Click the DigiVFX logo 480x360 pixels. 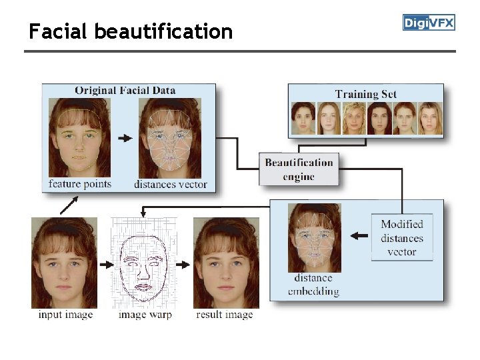429,23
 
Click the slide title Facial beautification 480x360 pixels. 131,31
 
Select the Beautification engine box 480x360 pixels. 298,169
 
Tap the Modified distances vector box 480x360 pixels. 402,238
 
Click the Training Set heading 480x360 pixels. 365,94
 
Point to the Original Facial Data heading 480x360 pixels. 125,90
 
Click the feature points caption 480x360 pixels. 80,183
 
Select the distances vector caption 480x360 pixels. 171,184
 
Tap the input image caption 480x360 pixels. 65,314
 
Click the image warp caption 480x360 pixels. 145,314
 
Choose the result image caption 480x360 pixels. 225,314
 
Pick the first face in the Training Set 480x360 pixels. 303,119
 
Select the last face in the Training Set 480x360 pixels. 429,119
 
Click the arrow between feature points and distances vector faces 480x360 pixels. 125,138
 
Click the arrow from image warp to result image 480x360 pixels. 182,264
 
